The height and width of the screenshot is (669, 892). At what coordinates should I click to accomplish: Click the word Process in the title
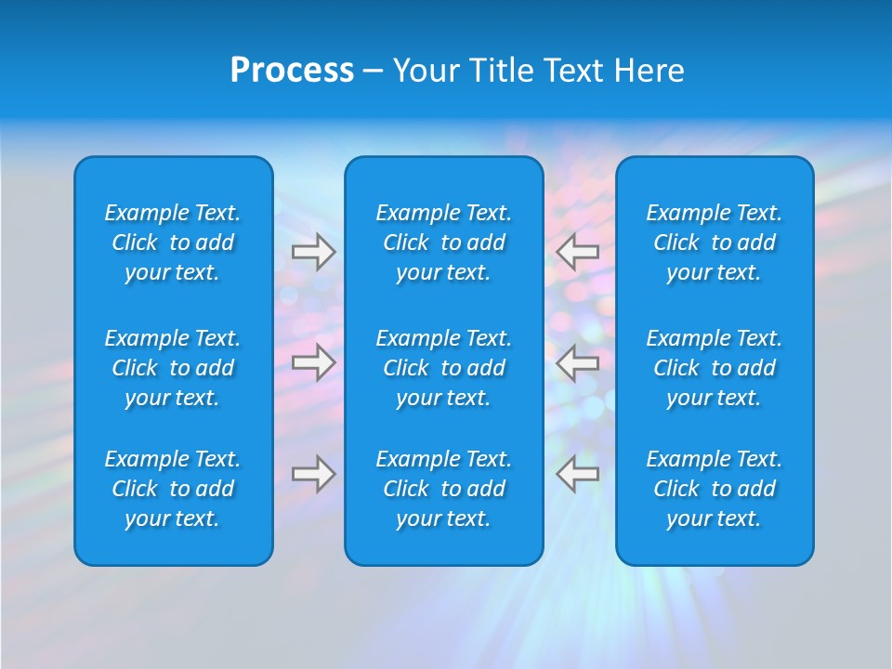pyautogui.click(x=292, y=71)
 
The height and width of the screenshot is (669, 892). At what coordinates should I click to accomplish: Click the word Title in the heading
pyautogui.click(x=504, y=71)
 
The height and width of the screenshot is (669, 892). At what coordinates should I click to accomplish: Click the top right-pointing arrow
pyautogui.click(x=313, y=252)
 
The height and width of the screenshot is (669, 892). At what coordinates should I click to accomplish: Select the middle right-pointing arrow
pyautogui.click(x=313, y=361)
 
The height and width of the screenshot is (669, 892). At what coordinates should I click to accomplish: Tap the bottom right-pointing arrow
pyautogui.click(x=313, y=473)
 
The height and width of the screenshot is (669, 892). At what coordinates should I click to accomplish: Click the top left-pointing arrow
pyautogui.click(x=577, y=252)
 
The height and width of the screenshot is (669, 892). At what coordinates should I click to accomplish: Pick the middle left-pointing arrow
pyautogui.click(x=577, y=361)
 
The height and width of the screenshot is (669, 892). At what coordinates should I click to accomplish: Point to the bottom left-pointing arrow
pyautogui.click(x=577, y=473)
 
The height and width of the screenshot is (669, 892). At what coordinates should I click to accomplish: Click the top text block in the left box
pyautogui.click(x=173, y=243)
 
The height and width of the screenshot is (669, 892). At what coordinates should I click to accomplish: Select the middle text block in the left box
pyautogui.click(x=173, y=368)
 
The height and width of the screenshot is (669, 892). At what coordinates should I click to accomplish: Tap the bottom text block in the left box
pyautogui.click(x=173, y=489)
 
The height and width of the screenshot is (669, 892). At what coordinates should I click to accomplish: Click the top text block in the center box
pyautogui.click(x=443, y=243)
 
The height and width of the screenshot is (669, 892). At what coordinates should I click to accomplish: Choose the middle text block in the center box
pyautogui.click(x=443, y=368)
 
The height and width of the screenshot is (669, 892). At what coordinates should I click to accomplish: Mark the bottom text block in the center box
pyautogui.click(x=443, y=489)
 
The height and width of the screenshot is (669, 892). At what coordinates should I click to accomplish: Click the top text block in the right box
pyautogui.click(x=714, y=243)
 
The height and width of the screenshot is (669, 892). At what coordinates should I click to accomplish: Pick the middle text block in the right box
pyautogui.click(x=714, y=368)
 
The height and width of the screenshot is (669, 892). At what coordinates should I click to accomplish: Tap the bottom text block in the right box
pyautogui.click(x=714, y=489)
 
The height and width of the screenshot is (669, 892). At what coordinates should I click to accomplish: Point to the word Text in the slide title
pyautogui.click(x=574, y=71)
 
